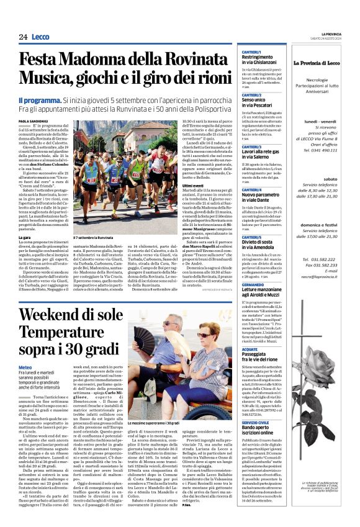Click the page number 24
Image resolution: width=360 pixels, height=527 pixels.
click(23, 37)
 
